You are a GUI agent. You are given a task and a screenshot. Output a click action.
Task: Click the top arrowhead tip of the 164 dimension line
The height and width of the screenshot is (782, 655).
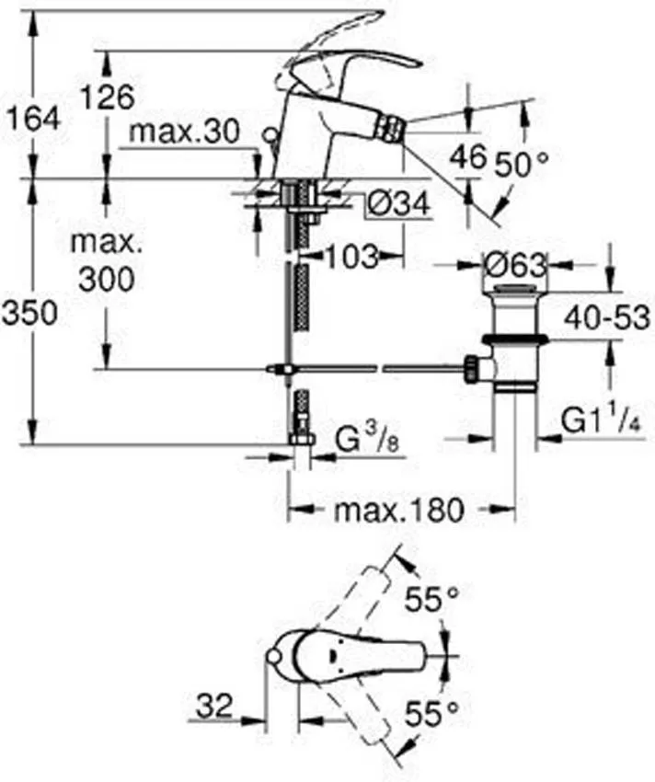point(33,9)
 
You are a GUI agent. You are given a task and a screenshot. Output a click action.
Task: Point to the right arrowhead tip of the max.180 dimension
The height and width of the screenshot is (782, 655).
point(515,510)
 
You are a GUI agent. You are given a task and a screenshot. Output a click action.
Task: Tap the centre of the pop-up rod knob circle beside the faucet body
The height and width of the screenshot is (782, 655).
point(270,134)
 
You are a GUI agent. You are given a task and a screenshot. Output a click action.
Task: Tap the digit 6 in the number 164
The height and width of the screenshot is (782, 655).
point(34,120)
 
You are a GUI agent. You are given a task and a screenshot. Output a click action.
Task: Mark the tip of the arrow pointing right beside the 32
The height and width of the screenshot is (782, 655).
point(263,720)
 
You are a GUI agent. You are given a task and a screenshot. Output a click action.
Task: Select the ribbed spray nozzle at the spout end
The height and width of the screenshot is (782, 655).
point(390,128)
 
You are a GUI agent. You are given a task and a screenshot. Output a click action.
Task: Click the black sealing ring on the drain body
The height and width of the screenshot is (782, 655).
point(515,340)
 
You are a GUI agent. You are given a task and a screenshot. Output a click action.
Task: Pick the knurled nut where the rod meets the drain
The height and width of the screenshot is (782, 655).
point(471,369)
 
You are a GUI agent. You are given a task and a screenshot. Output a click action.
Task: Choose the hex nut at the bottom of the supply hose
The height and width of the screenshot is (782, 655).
point(302,439)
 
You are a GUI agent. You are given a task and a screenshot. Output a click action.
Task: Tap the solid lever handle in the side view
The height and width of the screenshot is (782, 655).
point(350,63)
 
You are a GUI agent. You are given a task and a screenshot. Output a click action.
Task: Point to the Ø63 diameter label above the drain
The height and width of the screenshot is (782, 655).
point(515,265)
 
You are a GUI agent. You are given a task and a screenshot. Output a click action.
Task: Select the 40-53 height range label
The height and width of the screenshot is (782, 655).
point(607,317)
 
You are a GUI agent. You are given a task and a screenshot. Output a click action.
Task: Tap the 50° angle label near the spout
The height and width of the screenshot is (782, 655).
point(522,164)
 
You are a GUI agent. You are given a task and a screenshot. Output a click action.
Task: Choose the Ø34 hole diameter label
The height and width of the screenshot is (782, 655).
point(398,203)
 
